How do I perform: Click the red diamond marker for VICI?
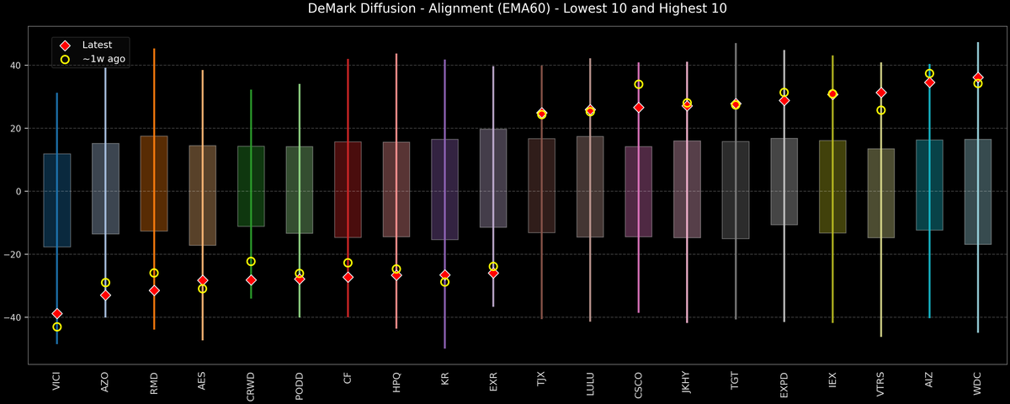[57, 313]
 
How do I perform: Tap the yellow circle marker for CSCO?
[639, 84]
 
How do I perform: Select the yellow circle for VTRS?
[881, 110]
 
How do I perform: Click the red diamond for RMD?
[154, 290]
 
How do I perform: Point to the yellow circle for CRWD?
[251, 262]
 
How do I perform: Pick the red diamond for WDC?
[978, 77]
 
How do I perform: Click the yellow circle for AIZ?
[929, 73]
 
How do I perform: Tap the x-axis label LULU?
[590, 385]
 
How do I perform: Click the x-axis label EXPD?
[784, 385]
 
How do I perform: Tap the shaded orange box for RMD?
[154, 183]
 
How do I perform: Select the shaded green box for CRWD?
[251, 186]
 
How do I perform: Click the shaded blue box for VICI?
[57, 200]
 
